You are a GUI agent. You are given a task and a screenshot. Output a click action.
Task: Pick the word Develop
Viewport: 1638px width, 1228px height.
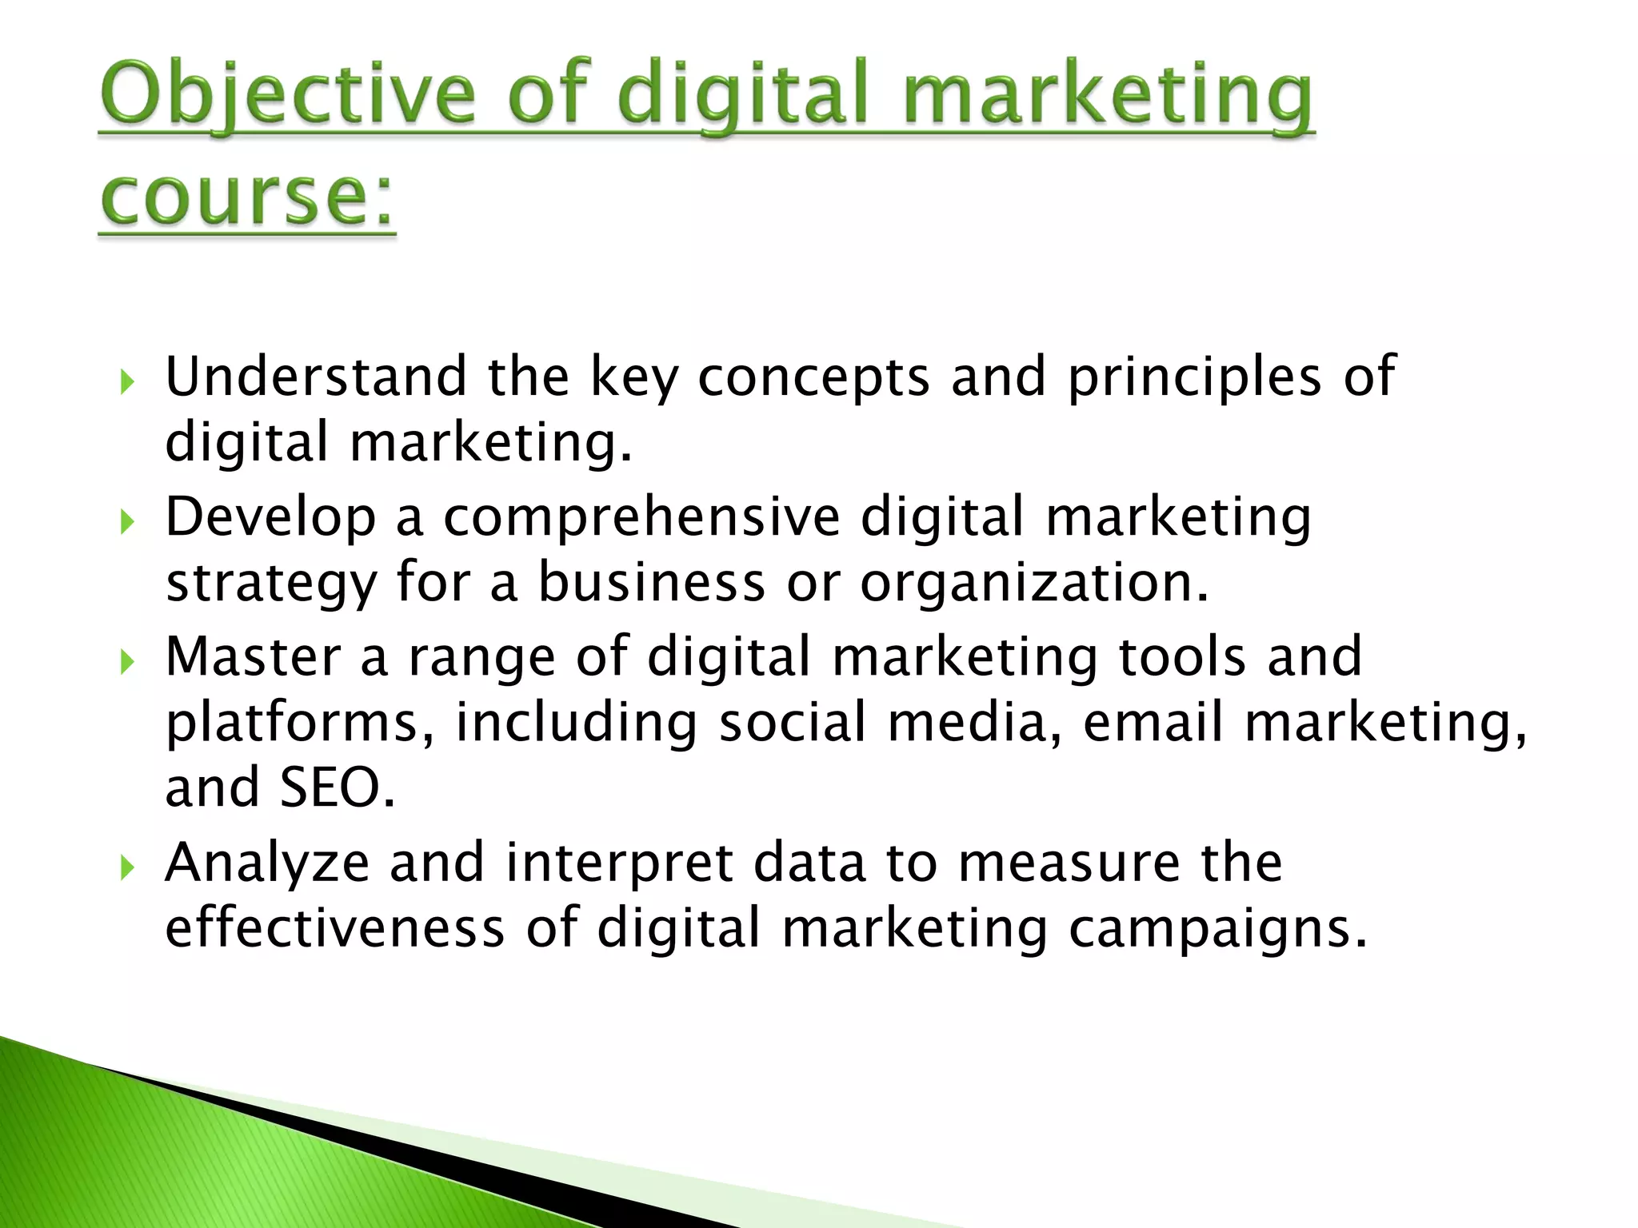click(270, 518)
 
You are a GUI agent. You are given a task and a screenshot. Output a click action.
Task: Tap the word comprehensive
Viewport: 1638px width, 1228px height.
click(641, 518)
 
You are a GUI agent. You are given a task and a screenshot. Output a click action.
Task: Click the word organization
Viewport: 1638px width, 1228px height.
click(1033, 584)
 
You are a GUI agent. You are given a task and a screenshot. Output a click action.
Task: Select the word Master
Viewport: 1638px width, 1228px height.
click(253, 657)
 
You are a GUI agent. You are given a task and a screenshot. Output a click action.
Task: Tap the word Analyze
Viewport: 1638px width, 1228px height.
click(267, 863)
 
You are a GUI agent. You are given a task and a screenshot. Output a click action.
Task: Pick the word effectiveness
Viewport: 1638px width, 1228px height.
click(334, 929)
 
